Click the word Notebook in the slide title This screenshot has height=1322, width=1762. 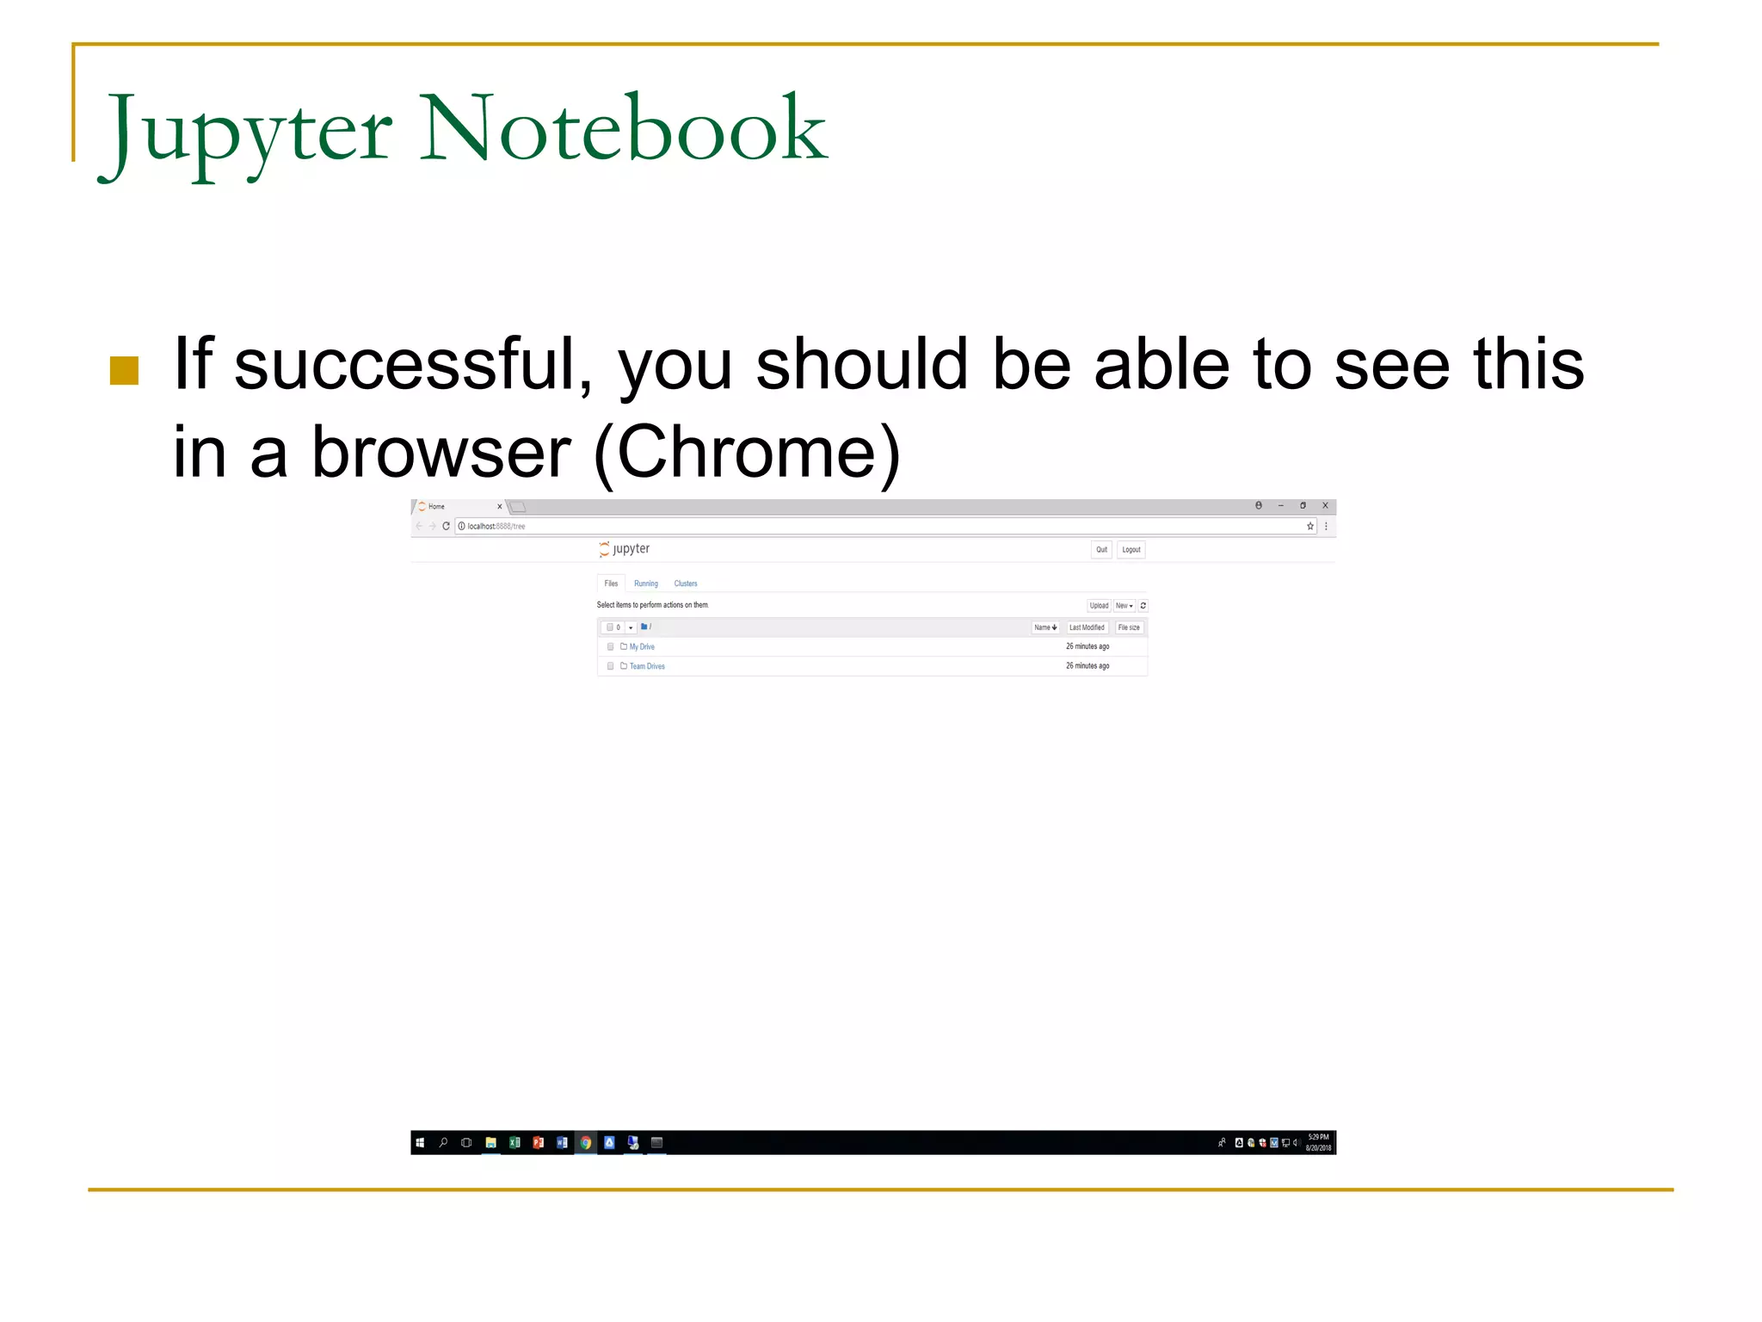tap(623, 129)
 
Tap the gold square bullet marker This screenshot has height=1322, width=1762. tap(125, 371)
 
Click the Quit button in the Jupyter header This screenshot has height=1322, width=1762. tap(1101, 550)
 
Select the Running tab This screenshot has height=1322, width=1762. tap(645, 584)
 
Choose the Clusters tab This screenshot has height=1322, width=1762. tap(686, 584)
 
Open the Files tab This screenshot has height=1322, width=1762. tap(611, 584)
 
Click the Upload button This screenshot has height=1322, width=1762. tap(1099, 606)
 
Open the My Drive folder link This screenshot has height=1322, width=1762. tap(642, 646)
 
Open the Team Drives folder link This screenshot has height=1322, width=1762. tap(647, 666)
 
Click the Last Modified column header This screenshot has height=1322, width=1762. tap(1087, 627)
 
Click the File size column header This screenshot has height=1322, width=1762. tap(1129, 627)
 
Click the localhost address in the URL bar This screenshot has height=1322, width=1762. tap(496, 526)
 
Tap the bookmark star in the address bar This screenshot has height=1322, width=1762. tap(1310, 526)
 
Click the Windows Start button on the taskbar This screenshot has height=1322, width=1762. tap(420, 1143)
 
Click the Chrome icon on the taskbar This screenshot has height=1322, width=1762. tap(586, 1143)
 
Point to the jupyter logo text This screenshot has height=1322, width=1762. tap(631, 549)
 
